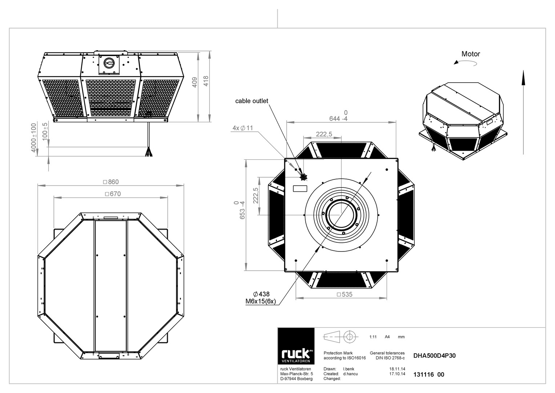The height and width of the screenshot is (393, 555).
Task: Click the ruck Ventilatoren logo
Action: pyautogui.click(x=296, y=346)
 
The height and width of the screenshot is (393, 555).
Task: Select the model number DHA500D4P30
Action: pyautogui.click(x=434, y=356)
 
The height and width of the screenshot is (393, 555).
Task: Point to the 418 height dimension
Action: pyautogui.click(x=206, y=81)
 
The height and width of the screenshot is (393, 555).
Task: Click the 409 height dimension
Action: pyautogui.click(x=194, y=82)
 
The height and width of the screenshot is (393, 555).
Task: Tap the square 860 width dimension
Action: pyautogui.click(x=111, y=182)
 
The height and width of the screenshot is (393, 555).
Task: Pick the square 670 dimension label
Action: pyautogui.click(x=113, y=194)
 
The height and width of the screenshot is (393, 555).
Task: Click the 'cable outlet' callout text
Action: pyautogui.click(x=252, y=101)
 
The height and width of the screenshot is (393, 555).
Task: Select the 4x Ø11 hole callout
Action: pyautogui.click(x=242, y=128)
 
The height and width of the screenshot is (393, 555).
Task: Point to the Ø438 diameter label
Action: pyautogui.click(x=261, y=294)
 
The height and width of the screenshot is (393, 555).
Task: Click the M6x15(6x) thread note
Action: pyautogui.click(x=261, y=301)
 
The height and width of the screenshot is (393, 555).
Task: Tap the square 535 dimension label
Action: pyautogui.click(x=345, y=294)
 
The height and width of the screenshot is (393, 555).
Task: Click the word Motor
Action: pyautogui.click(x=471, y=54)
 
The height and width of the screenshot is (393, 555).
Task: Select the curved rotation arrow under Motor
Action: pyautogui.click(x=465, y=63)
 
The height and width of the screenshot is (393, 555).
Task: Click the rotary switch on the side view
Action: pyautogui.click(x=109, y=63)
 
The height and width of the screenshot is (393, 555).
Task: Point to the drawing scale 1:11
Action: pyautogui.click(x=373, y=337)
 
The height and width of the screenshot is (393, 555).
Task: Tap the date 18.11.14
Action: pyautogui.click(x=397, y=369)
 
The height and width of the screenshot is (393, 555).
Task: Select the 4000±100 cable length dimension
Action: pyautogui.click(x=33, y=138)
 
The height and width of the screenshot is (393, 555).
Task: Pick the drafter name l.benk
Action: pyautogui.click(x=349, y=369)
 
